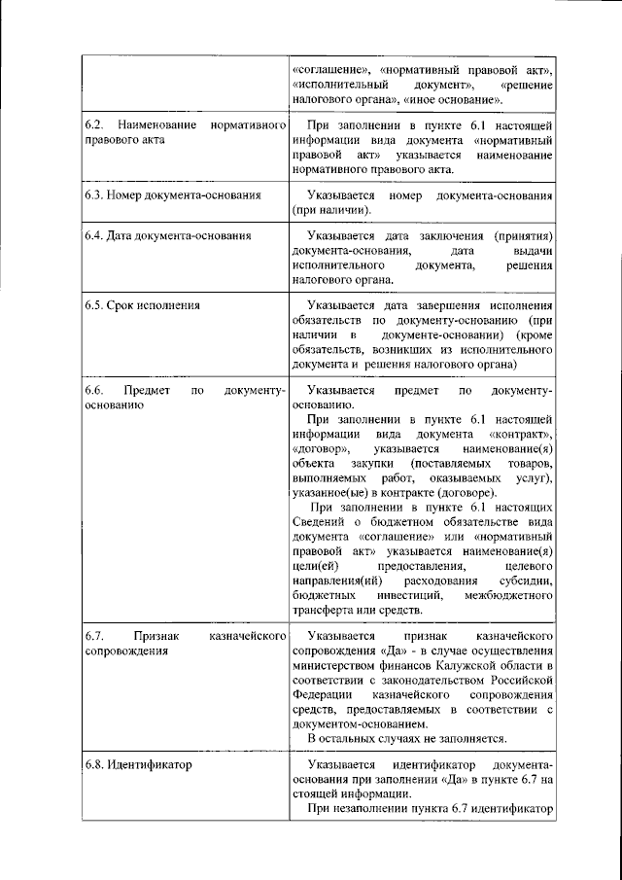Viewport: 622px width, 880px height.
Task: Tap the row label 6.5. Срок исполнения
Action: [142, 304]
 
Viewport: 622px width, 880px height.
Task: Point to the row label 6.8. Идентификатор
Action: [136, 764]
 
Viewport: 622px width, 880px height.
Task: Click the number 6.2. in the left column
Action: [93, 126]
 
